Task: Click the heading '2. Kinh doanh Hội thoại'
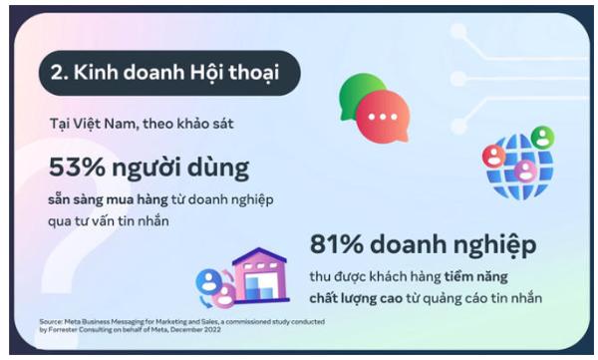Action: (164, 73)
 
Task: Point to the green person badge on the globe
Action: (542, 136)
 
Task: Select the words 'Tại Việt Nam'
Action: (83, 126)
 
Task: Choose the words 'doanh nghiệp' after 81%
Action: (459, 245)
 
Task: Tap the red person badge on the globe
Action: (493, 156)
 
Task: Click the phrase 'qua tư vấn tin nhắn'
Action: (109, 219)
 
